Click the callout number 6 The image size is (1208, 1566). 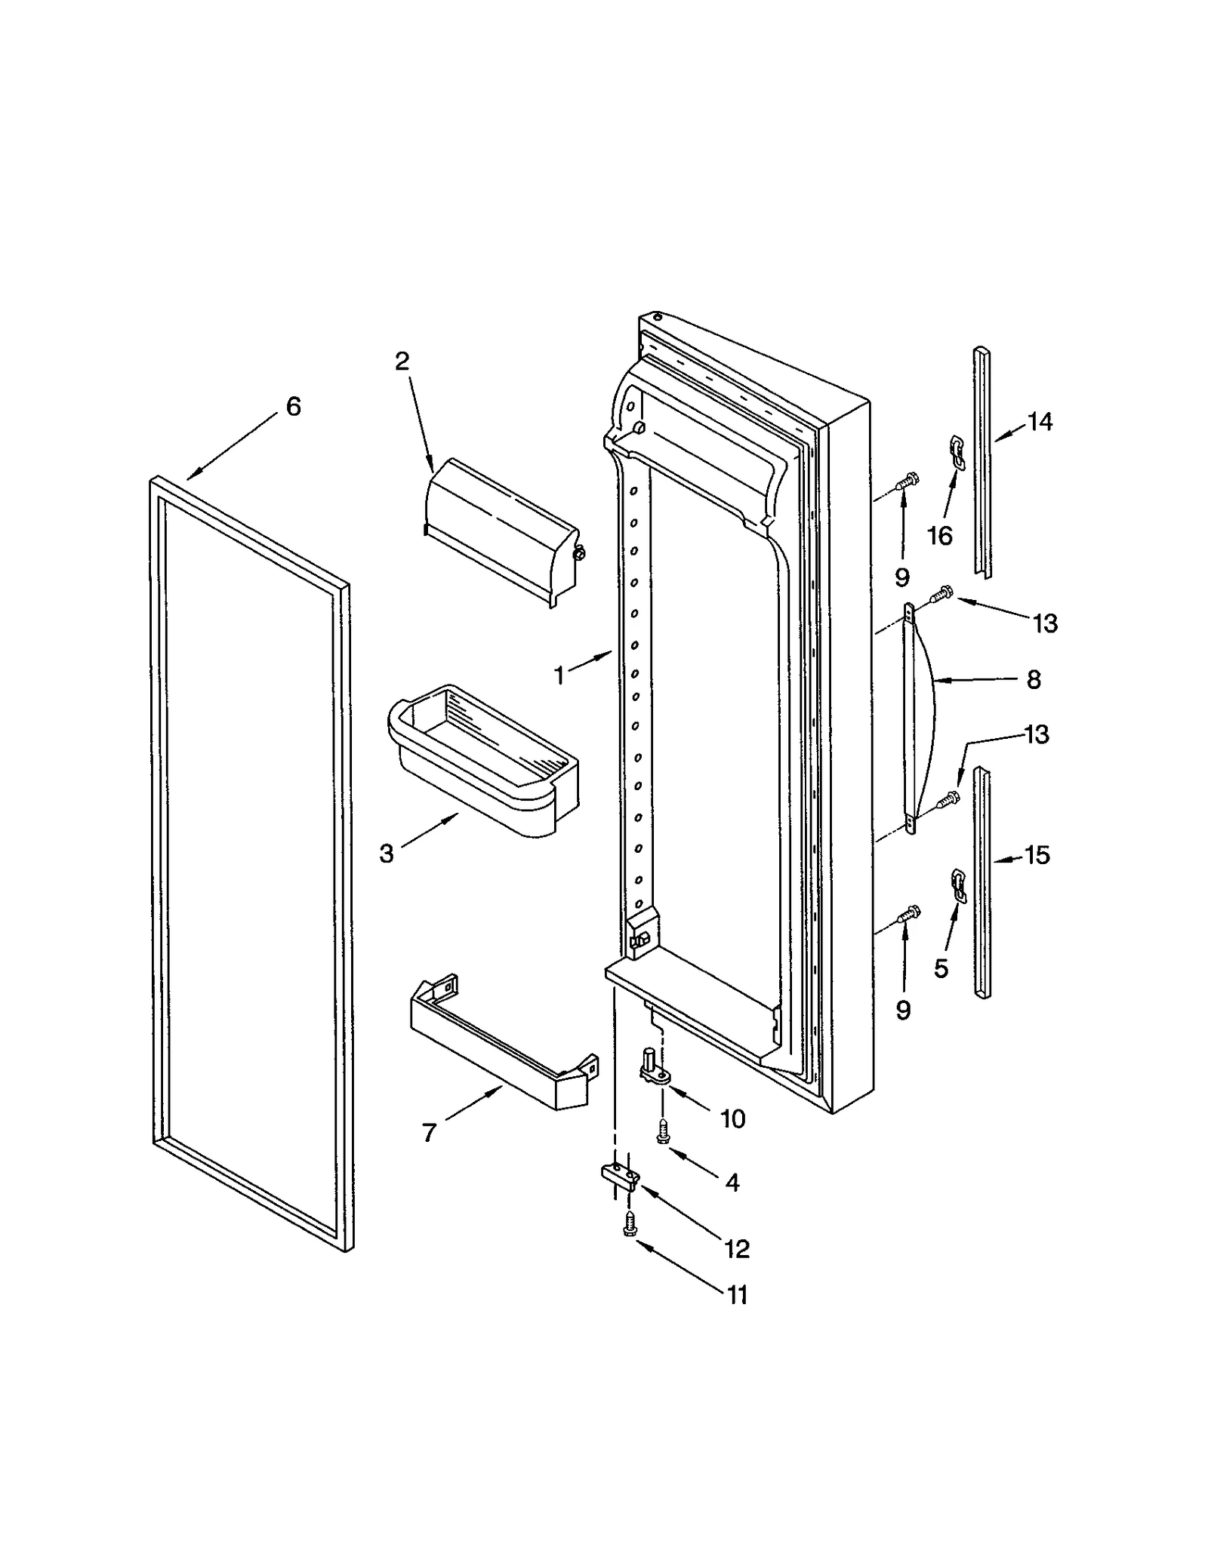pos(293,407)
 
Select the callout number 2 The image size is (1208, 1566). pos(402,362)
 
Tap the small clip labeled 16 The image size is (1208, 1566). pos(956,451)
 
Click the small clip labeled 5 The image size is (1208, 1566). pos(957,885)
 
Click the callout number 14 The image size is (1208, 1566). pos(1040,422)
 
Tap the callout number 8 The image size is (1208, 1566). pos(1034,680)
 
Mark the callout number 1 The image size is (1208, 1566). pos(559,675)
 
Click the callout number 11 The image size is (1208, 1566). pos(736,1295)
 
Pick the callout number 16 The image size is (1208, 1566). pos(940,536)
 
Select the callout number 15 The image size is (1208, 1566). pos(1037,856)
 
